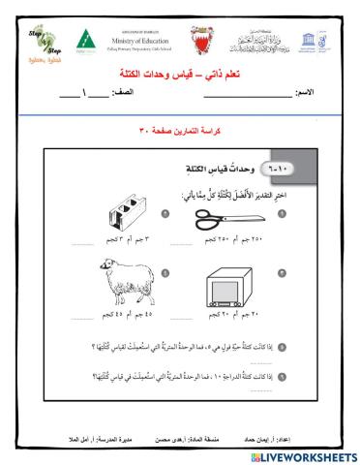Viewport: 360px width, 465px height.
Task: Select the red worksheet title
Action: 180,74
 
